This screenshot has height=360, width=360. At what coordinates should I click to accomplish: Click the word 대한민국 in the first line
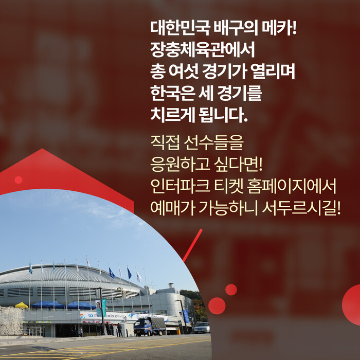tap(180, 28)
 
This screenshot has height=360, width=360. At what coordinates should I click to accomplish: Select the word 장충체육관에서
tap(203, 49)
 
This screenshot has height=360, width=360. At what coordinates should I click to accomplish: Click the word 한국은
tap(173, 93)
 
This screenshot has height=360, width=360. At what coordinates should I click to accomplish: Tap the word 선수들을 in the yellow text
tap(214, 143)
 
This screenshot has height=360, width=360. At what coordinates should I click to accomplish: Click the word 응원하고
tap(180, 165)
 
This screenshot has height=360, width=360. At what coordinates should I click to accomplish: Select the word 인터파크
tap(180, 186)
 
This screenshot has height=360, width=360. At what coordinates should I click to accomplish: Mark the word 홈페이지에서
tap(292, 186)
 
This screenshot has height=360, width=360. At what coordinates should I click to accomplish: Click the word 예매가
tap(173, 208)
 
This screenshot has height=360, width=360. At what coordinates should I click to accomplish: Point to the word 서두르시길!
tap(301, 208)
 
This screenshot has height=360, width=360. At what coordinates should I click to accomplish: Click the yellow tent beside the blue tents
tap(22, 305)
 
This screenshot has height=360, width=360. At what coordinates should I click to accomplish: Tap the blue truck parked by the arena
tap(150, 326)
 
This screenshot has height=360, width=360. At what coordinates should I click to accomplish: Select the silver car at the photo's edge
tap(202, 328)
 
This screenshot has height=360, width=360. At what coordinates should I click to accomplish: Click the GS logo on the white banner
tap(91, 315)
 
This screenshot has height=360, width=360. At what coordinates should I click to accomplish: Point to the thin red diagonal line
tap(193, 245)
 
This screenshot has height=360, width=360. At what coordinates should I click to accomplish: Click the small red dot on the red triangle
tap(19, 180)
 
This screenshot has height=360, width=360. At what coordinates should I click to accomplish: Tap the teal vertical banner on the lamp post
tap(104, 308)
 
